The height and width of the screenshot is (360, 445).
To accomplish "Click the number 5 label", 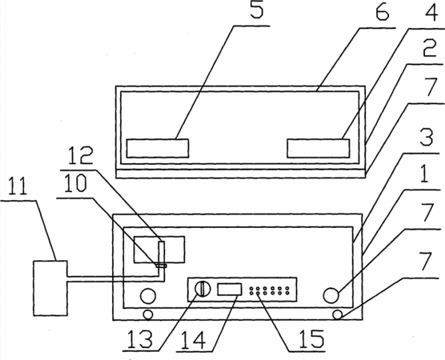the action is [x=257, y=10].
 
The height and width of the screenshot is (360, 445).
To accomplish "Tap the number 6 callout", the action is [x=382, y=11].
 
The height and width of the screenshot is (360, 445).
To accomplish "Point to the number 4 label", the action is [x=431, y=12].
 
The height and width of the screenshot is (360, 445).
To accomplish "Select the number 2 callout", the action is [x=429, y=49].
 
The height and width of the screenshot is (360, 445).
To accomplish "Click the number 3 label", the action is [x=427, y=138].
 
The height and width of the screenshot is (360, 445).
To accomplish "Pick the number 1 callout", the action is [x=424, y=174].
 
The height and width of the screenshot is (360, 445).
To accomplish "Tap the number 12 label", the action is [x=80, y=155].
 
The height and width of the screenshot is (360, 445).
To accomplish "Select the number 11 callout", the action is [x=18, y=186].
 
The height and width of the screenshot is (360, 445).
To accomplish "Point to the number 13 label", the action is [x=139, y=339].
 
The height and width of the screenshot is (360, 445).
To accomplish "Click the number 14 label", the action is [x=193, y=340].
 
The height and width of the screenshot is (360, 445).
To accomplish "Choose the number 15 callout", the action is [x=311, y=339].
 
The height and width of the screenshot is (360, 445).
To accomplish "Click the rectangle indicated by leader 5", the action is [x=158, y=148].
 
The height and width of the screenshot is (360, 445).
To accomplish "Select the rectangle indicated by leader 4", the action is [x=318, y=148].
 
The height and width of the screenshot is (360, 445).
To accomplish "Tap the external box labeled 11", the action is [x=50, y=288].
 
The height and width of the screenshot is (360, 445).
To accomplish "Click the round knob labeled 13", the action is [x=202, y=289].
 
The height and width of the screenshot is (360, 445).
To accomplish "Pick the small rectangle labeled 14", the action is [x=230, y=290].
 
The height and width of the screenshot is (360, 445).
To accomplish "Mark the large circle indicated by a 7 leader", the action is [x=331, y=295].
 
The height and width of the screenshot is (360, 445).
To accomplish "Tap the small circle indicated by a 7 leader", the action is [x=338, y=314].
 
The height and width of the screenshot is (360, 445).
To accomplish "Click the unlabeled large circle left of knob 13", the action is [x=148, y=296].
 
